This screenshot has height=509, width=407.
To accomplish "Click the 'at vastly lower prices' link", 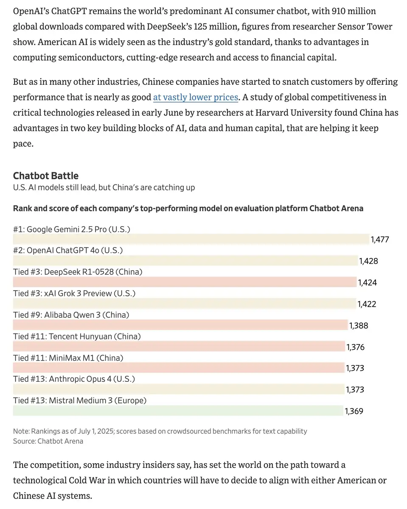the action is click(x=196, y=97).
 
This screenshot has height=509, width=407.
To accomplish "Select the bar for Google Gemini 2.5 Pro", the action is click(x=191, y=239).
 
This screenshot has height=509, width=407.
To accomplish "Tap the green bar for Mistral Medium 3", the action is click(x=178, y=411).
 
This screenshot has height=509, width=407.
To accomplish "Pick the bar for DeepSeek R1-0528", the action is click(x=185, y=282).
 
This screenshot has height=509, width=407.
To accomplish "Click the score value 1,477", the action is click(x=379, y=240).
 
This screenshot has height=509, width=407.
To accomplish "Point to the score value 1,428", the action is click(x=368, y=261).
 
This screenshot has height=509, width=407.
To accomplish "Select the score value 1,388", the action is click(x=359, y=326).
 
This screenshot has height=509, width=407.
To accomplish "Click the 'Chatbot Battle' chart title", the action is click(x=46, y=176).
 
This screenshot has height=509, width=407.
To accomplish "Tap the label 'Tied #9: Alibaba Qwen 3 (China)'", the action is click(x=71, y=315).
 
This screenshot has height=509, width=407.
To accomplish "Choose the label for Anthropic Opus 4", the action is click(x=74, y=379).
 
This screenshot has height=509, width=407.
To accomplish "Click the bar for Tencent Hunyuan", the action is click(x=179, y=346).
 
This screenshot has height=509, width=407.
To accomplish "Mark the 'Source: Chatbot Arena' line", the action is click(x=48, y=442).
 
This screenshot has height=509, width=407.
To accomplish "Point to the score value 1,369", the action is click(x=354, y=411).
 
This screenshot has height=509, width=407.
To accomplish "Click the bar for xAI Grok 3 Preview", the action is click(x=184, y=303).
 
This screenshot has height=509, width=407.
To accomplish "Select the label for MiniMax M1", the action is click(x=68, y=358).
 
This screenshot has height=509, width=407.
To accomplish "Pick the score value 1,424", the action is click(x=367, y=282).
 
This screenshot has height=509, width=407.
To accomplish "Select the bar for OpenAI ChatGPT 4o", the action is click(x=185, y=260).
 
